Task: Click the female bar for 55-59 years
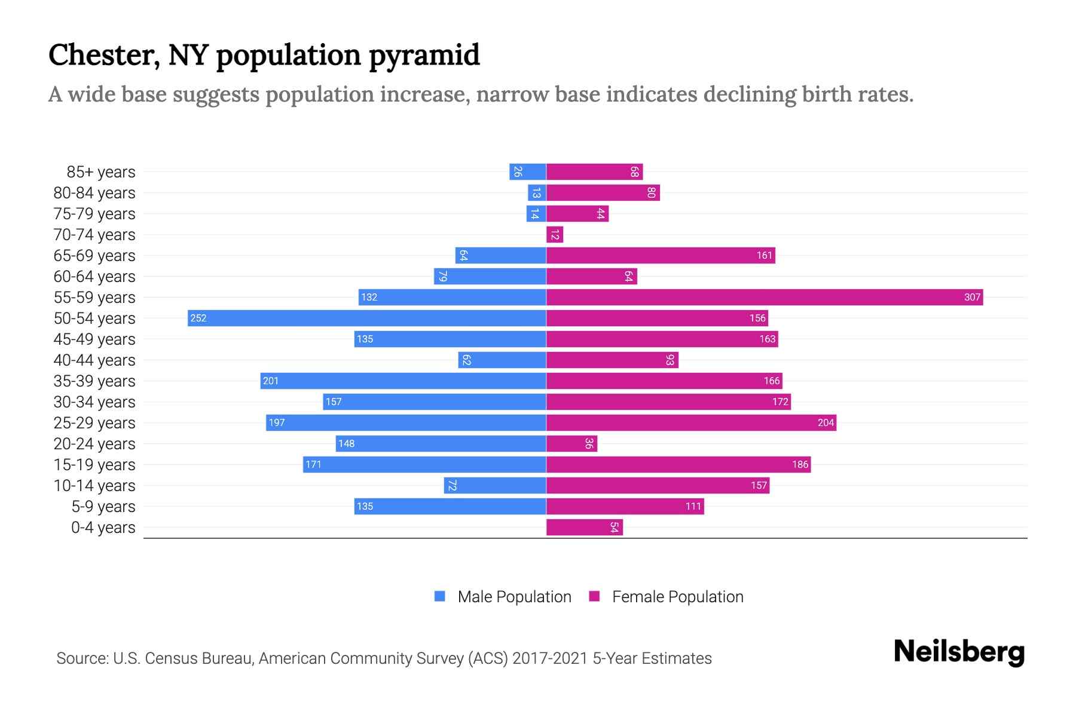pos(764,297)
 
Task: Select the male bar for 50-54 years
pos(366,318)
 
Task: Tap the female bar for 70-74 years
pos(555,235)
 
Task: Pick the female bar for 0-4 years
pos(584,527)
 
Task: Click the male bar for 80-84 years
pos(537,193)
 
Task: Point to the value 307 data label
pos(972,297)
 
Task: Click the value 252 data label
pos(198,318)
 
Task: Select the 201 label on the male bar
pos(271,381)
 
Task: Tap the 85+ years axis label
pos(100,172)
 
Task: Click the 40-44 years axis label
pos(94,360)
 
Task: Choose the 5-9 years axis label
pos(103,507)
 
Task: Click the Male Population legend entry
pos(514,596)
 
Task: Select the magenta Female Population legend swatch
pos(594,596)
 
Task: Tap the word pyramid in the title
pos(424,56)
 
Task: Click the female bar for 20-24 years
pos(571,443)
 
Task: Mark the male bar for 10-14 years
pos(495,485)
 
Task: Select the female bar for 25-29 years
pos(691,422)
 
